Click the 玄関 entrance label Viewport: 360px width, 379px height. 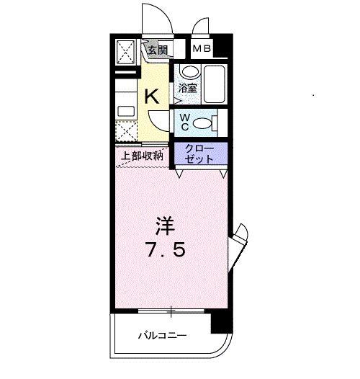(x=157, y=50)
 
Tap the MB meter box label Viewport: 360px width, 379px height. (x=202, y=49)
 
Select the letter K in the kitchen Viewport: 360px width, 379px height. (x=153, y=96)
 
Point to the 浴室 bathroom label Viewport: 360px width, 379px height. (x=188, y=89)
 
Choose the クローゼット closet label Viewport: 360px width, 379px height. (x=199, y=153)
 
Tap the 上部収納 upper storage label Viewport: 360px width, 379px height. (x=142, y=155)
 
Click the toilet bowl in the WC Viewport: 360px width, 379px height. (x=204, y=123)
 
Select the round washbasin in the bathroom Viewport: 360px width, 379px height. (x=189, y=72)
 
